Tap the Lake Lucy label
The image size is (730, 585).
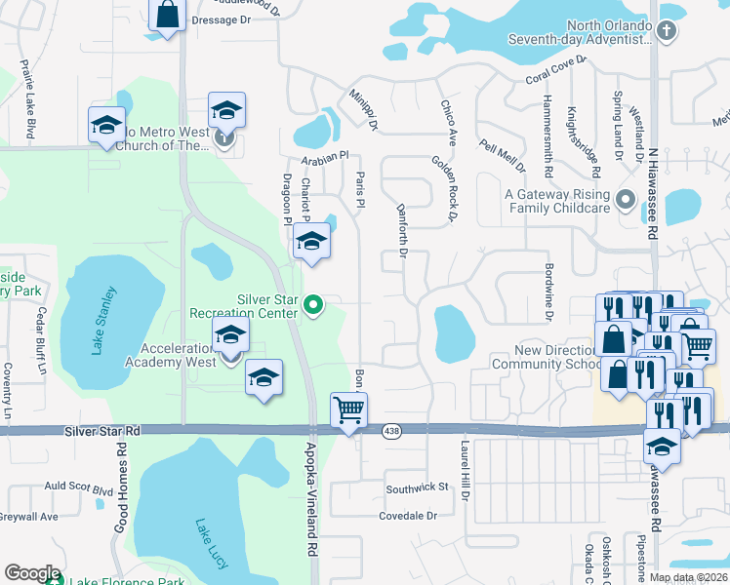pyautogui.click(x=211, y=542)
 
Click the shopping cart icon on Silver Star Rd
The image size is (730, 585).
pyautogui.click(x=348, y=409)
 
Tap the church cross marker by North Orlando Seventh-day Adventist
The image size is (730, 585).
pyautogui.click(x=666, y=31)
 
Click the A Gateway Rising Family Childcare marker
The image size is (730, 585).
pyautogui.click(x=626, y=202)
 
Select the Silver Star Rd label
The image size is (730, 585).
pyautogui.click(x=102, y=430)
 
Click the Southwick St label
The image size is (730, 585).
pyautogui.click(x=416, y=487)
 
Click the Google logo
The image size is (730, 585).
pyautogui.click(x=32, y=573)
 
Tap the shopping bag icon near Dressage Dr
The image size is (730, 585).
pyautogui.click(x=168, y=14)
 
